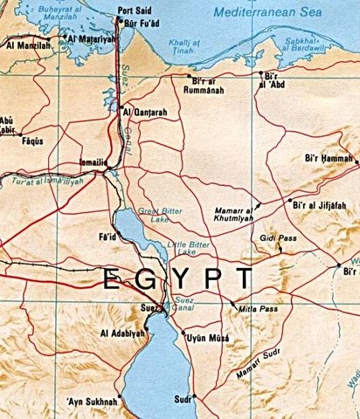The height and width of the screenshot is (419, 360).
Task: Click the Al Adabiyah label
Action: (x=121, y=333)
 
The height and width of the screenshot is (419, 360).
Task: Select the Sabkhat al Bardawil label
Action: (x=331, y=39)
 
